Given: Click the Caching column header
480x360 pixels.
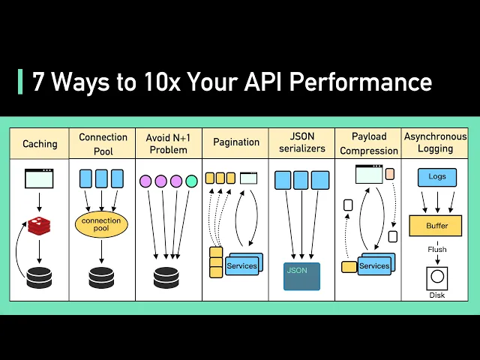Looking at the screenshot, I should point(40,143).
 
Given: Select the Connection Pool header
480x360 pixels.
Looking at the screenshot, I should point(103,143).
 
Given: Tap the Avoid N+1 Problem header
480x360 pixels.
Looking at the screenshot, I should point(169,143).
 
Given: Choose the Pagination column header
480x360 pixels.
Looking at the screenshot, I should point(235,142).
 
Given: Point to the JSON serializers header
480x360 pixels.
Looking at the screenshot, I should point(301,143).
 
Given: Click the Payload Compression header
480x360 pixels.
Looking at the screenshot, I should point(368,143).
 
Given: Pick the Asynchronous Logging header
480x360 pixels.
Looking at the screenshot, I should point(435,143).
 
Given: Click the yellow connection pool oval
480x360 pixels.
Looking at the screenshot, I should point(101,223).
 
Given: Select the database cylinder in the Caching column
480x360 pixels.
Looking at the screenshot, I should point(39,277).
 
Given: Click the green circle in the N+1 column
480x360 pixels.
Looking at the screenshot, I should point(191,181).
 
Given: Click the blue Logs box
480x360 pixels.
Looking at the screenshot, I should point(436,178).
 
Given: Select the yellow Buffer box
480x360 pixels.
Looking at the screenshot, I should point(436,224).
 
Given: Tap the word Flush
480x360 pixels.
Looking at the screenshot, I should point(436,250).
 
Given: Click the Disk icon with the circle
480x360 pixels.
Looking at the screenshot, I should point(436,277).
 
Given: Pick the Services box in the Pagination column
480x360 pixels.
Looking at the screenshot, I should point(241,265).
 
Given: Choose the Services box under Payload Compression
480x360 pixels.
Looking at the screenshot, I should point(374,265).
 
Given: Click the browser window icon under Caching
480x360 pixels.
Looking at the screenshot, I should point(39,178).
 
